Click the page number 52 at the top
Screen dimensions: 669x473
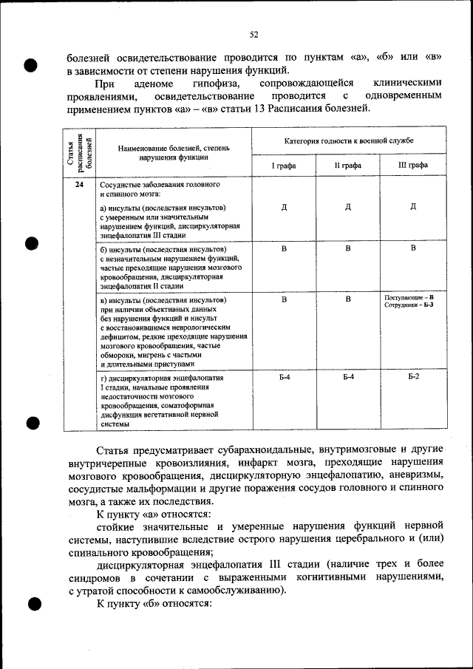pos(253,35)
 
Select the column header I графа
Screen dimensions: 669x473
pos(285,166)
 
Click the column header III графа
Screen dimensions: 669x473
pos(413,166)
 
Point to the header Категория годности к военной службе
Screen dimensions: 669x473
pos(349,140)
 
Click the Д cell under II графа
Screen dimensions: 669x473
pos(348,206)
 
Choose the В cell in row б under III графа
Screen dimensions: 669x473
pos(413,248)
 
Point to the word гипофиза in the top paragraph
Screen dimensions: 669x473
pos(214,84)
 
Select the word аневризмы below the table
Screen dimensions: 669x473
pos(415,475)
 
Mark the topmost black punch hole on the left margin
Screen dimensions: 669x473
pos(30,64)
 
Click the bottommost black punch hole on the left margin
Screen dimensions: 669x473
pos(33,604)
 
